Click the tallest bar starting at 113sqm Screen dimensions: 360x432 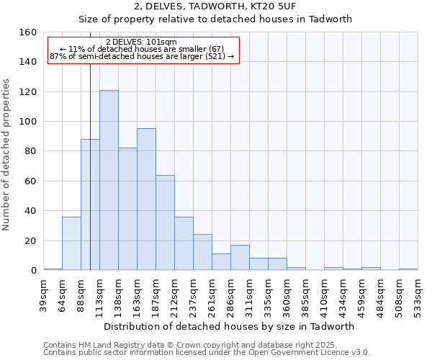[109, 180]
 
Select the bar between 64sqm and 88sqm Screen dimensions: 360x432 [71, 243]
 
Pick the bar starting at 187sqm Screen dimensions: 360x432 [165, 222]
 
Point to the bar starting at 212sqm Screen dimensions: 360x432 [184, 243]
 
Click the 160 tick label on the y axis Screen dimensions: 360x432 [28, 32]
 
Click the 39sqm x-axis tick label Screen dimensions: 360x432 [44, 294]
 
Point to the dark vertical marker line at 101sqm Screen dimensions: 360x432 [90, 180]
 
